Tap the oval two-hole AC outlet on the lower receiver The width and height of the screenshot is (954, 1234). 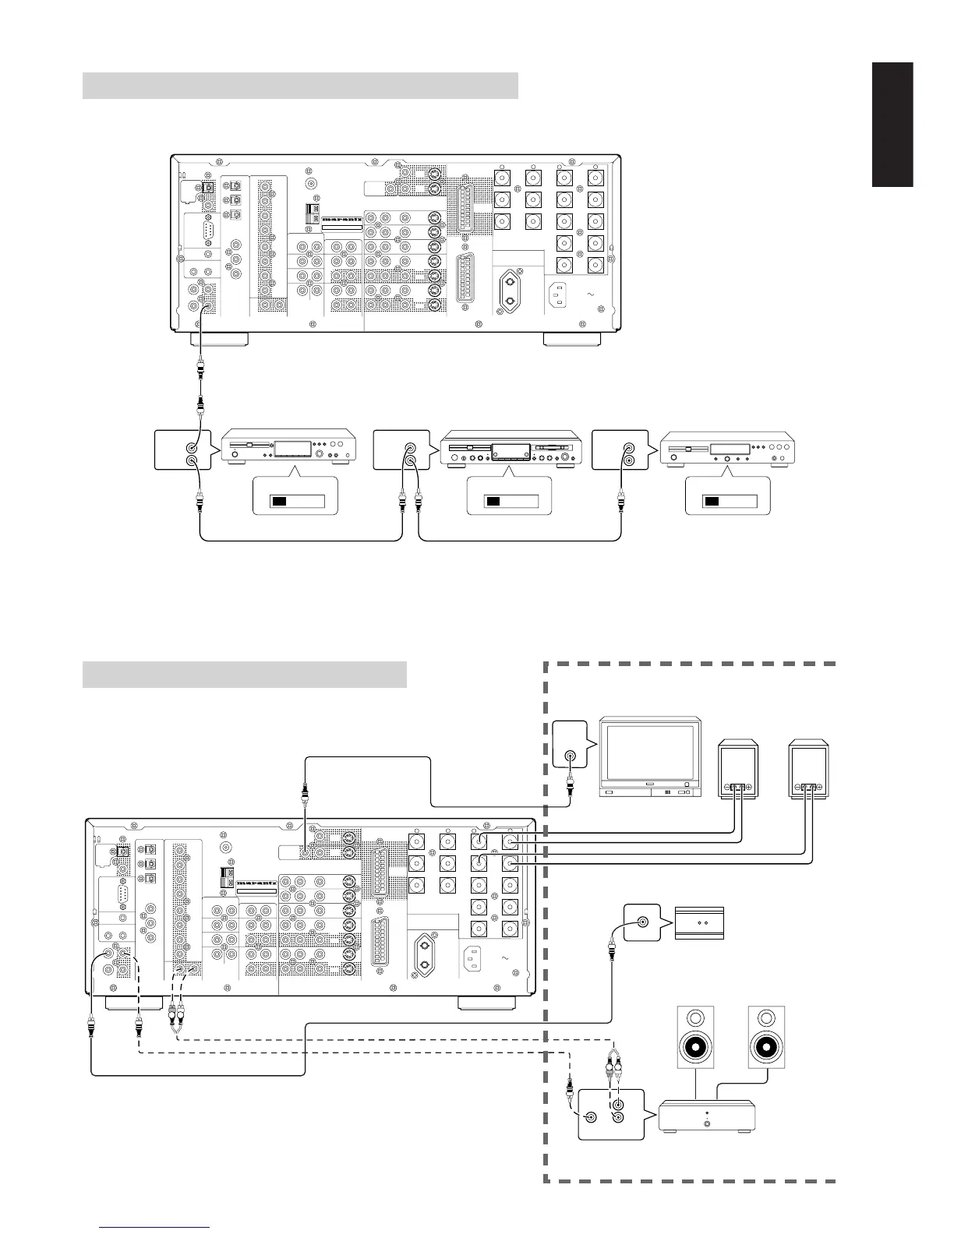[425, 954]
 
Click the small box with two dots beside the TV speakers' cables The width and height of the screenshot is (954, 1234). [699, 922]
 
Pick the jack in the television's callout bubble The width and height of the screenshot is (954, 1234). [571, 756]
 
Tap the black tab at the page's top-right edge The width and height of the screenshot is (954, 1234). [892, 125]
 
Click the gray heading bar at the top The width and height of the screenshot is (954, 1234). [300, 86]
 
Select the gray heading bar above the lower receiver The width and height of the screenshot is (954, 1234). [244, 674]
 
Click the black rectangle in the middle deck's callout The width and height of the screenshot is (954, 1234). [493, 500]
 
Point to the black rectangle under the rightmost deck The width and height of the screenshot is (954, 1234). [712, 500]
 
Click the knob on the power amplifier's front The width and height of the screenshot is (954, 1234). [707, 1123]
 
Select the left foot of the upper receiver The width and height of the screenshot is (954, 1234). [220, 340]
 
